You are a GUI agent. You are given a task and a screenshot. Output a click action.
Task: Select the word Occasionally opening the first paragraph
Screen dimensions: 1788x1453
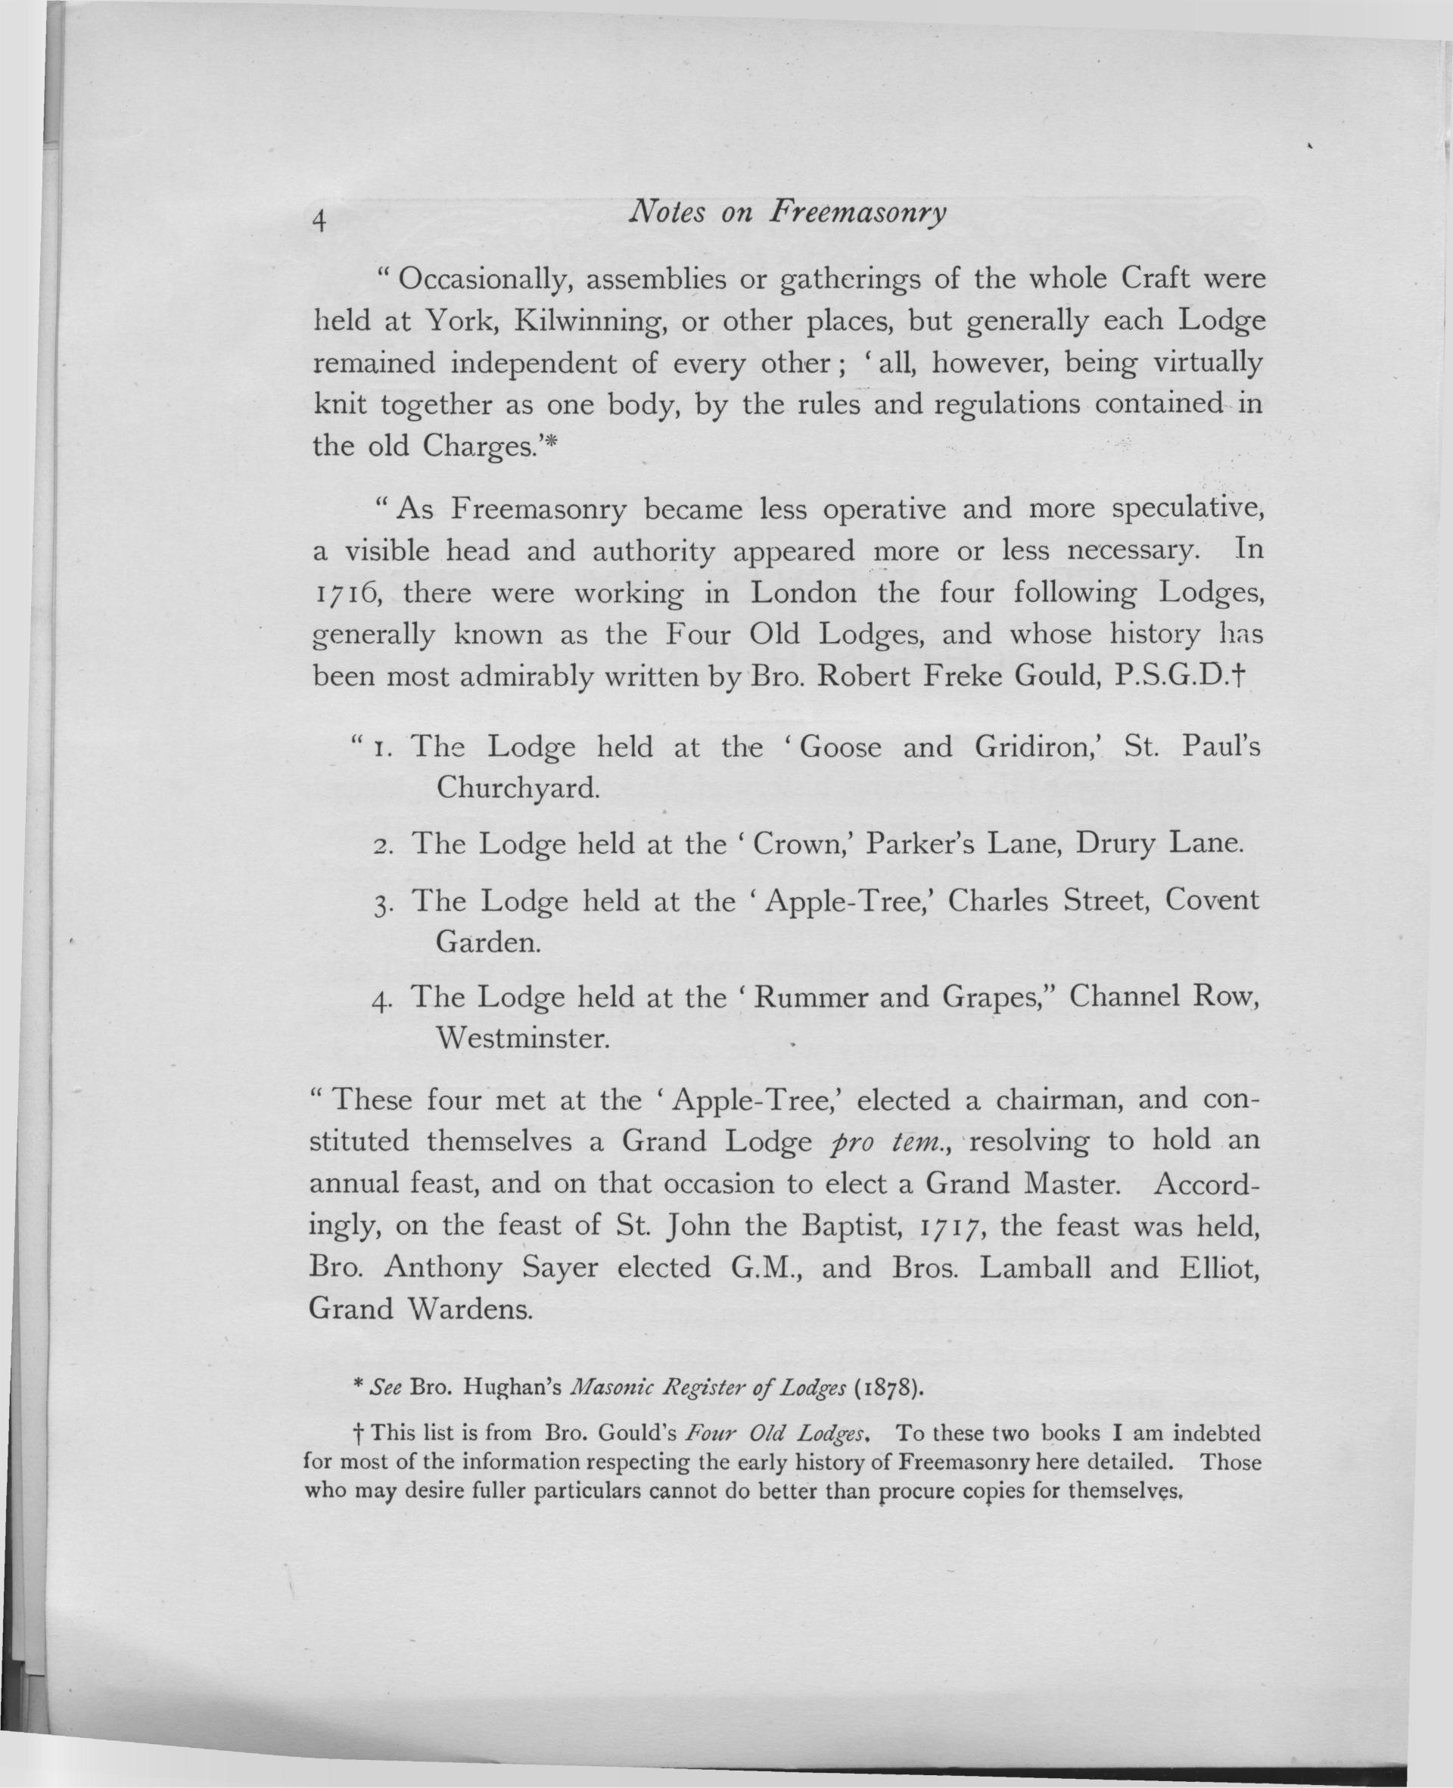click(485, 279)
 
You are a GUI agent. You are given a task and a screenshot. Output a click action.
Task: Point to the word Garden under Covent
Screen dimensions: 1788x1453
click(488, 942)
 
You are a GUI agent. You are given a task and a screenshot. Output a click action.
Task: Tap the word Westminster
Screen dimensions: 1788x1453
click(522, 1039)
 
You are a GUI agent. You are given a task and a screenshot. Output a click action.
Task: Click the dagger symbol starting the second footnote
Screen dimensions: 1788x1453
click(358, 1432)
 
